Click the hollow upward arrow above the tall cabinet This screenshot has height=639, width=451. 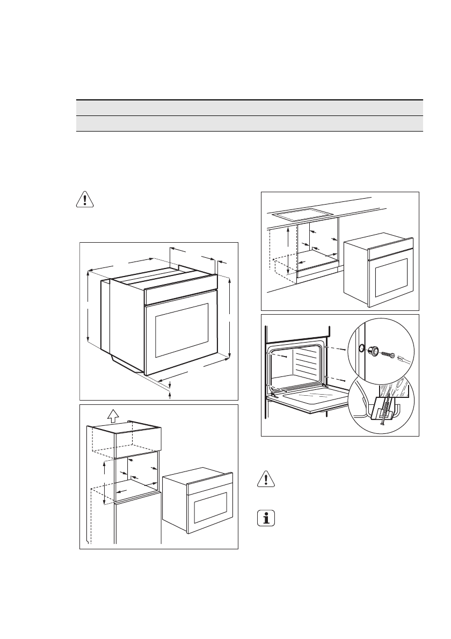112,415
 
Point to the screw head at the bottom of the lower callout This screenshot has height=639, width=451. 382,424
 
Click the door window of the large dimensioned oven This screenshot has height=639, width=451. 181,331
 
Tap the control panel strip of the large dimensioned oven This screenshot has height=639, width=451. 181,291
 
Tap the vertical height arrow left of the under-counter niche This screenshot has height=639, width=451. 288,250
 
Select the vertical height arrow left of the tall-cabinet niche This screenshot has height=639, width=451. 104,483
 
